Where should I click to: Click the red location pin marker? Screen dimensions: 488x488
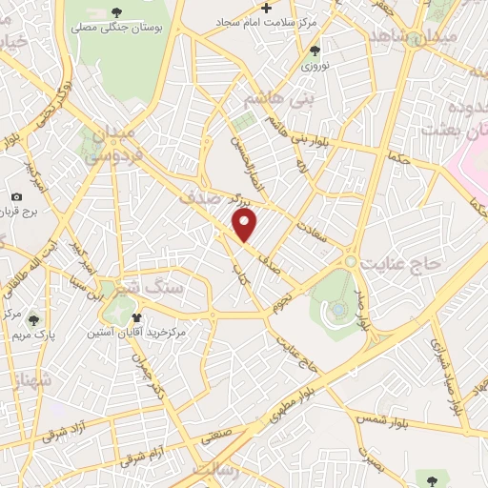[246, 226]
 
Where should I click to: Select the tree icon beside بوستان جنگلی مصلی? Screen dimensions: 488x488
[117, 12]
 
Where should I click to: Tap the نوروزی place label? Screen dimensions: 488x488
[315, 66]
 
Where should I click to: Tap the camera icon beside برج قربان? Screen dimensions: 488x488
[16, 196]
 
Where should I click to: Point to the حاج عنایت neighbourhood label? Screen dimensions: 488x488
[397, 261]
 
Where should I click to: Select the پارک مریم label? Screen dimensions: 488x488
[33, 335]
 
